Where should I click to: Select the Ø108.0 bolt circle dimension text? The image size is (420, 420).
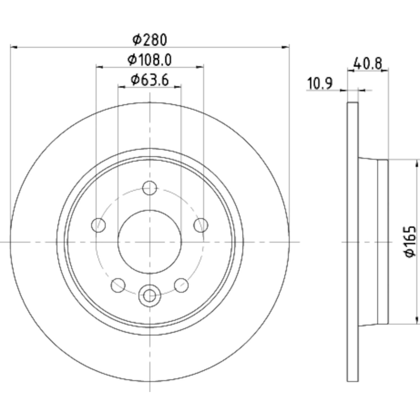(x=150, y=60)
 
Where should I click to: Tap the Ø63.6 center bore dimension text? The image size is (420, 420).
(x=150, y=80)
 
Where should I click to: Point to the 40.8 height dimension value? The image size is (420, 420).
(x=368, y=64)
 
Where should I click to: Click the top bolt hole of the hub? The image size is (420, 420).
(x=150, y=188)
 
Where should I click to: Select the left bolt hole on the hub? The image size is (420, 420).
(x=99, y=225)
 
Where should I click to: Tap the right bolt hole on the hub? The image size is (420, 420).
(x=201, y=225)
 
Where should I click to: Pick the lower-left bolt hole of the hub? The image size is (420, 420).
(x=118, y=285)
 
